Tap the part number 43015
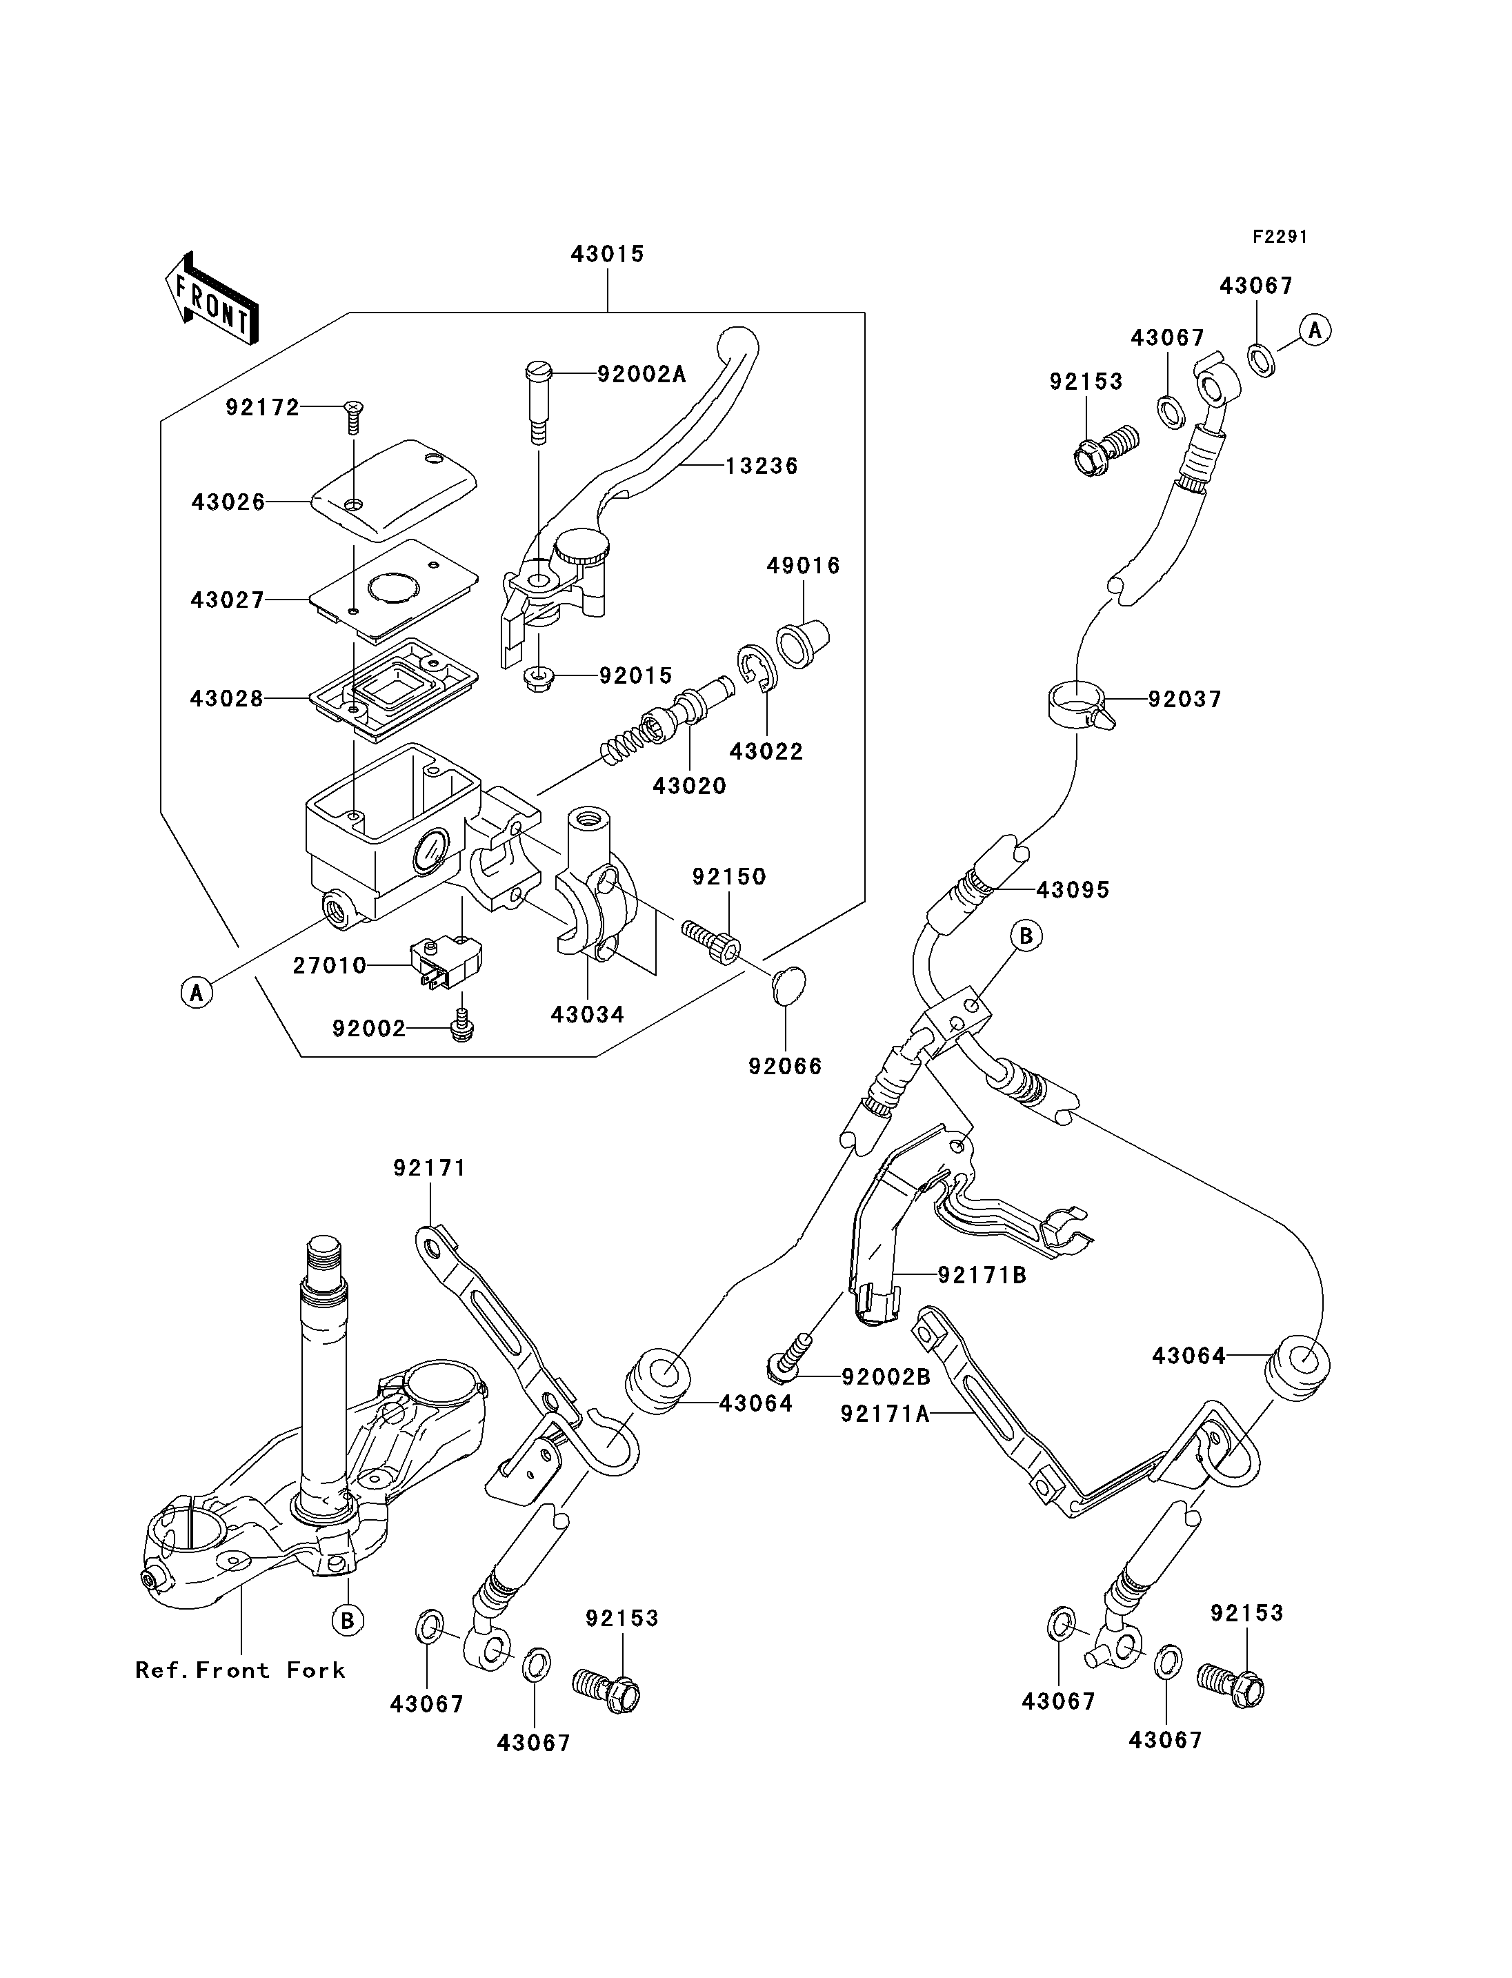click(608, 254)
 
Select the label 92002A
click(641, 374)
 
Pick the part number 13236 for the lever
click(762, 466)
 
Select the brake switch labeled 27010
click(446, 960)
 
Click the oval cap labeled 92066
click(788, 985)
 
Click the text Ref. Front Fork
click(240, 1671)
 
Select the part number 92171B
click(983, 1275)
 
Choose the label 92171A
click(886, 1414)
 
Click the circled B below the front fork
click(348, 1621)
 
